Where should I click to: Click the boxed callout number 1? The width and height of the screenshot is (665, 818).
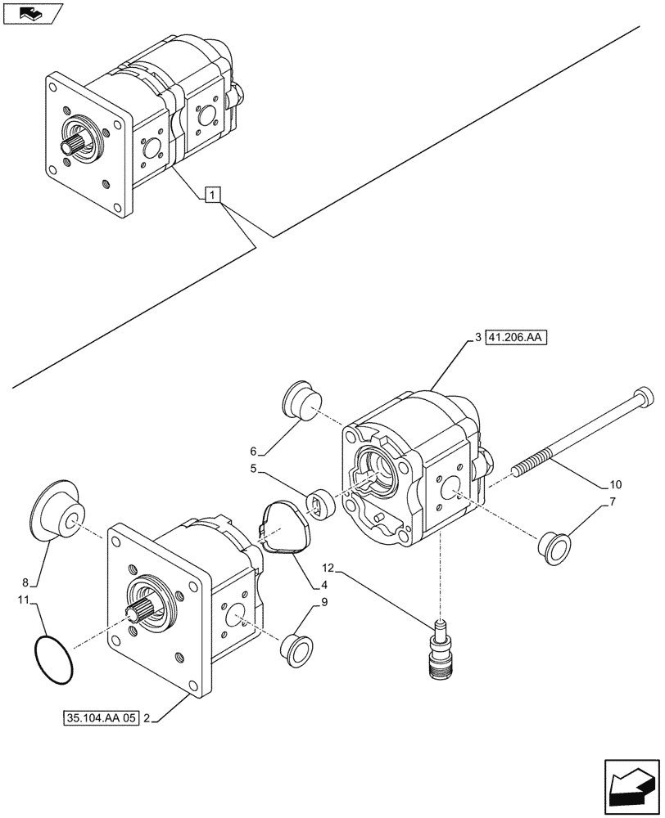[x=212, y=195]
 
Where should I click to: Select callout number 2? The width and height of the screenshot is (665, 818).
[x=146, y=719]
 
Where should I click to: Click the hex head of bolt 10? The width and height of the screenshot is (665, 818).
[x=646, y=400]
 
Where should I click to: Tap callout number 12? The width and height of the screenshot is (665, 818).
[x=328, y=566]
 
